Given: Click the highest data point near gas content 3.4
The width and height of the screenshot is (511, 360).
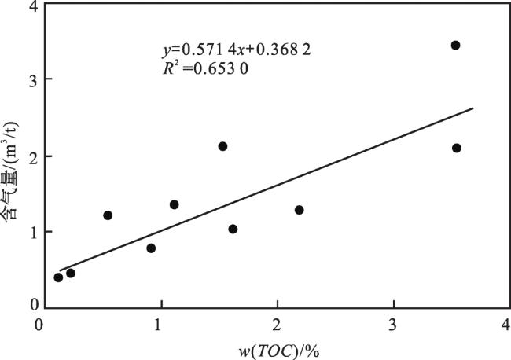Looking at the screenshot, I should click(455, 45).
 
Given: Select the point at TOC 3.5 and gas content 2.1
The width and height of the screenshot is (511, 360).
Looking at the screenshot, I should click(457, 148).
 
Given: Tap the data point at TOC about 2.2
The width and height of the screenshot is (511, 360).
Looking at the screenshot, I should click(299, 210).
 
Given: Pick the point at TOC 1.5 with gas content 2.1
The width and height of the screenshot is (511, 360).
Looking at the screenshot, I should click(222, 146).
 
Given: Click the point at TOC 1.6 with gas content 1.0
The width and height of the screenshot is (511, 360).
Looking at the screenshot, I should click(233, 229).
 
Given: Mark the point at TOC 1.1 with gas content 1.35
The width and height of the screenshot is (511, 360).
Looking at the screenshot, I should click(174, 204).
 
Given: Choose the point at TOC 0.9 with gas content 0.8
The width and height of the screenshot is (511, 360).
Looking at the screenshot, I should click(151, 248).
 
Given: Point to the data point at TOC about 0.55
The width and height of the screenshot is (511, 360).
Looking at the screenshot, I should click(108, 215).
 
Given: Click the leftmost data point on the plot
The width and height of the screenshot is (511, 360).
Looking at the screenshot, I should click(58, 277).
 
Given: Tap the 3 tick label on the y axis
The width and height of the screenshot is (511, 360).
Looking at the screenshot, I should click(31, 79).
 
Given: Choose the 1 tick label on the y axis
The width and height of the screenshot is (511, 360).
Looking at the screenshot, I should click(31, 232).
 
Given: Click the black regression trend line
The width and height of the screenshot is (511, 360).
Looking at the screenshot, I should click(314, 174).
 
